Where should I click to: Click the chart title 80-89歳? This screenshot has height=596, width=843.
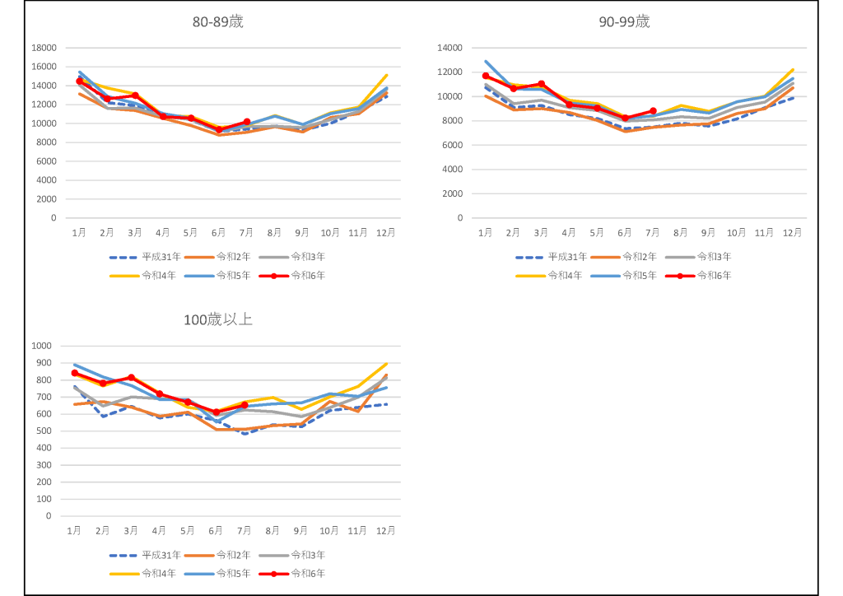tap(217, 22)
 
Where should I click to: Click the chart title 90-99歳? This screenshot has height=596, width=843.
tap(624, 22)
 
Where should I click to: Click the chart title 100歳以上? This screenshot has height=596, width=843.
tap(217, 319)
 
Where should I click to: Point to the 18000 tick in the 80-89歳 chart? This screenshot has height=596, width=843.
tap(43, 48)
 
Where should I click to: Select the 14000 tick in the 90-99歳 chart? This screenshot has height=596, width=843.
tap(449, 48)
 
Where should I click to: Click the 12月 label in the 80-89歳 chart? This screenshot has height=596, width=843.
tap(387, 233)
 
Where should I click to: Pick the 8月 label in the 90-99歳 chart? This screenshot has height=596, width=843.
tap(681, 233)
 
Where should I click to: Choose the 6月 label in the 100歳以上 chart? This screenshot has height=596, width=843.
tap(217, 531)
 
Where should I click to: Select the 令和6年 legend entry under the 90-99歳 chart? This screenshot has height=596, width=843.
tap(715, 275)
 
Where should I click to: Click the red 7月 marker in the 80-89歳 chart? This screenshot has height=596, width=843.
tap(247, 122)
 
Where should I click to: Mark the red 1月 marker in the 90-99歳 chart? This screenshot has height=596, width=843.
tap(486, 76)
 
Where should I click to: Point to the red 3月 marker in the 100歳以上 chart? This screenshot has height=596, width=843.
tap(131, 378)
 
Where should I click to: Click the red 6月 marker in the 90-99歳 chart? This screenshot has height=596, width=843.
tap(625, 118)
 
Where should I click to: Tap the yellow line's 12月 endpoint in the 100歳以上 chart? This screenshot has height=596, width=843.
tap(387, 364)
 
